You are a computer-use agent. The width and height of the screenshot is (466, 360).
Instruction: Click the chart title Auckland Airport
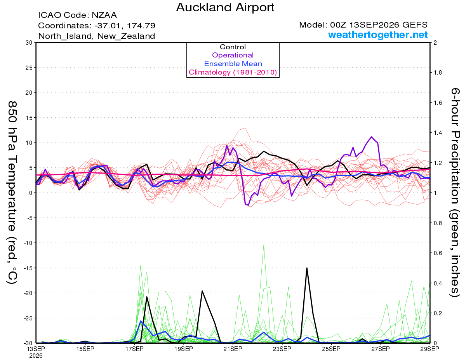coord(225,7)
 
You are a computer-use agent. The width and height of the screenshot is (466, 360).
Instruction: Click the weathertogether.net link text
coord(377,35)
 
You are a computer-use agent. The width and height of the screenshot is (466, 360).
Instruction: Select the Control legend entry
coord(233,47)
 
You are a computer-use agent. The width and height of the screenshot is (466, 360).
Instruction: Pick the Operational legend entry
coord(233,55)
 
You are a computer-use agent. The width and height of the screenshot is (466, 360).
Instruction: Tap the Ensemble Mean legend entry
coord(233,64)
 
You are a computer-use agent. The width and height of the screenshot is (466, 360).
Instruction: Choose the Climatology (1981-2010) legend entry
coord(233,72)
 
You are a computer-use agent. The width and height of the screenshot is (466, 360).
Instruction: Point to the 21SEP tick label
coord(233,349)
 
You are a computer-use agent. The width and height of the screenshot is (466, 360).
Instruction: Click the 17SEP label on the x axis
coord(134,349)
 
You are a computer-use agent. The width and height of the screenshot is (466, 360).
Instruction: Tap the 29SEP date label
coord(429,349)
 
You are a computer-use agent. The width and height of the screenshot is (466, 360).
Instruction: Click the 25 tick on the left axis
coord(29,68)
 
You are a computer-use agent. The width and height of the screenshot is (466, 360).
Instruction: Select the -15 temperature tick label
coord(28,268)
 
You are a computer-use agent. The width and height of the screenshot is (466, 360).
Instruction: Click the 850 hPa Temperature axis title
coord(12,193)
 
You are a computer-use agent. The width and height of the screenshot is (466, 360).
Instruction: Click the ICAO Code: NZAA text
coord(77,15)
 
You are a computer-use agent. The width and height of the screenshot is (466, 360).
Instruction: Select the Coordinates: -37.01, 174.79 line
coord(97,26)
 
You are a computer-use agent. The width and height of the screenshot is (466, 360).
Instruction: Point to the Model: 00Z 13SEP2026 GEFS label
coord(363,25)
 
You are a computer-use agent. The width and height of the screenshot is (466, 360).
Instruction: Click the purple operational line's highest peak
coord(372,137)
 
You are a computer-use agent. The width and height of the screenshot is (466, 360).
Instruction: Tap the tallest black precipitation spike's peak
coord(307,268)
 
